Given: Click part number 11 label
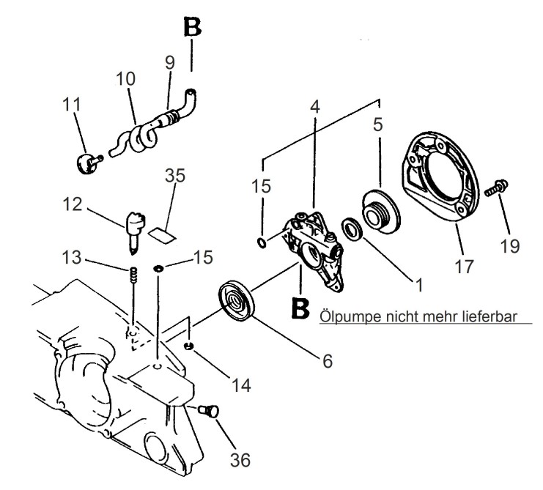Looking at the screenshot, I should (71, 105).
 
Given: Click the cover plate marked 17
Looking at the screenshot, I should (439, 183).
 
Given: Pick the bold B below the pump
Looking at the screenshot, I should (300, 308).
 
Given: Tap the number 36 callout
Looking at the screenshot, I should (240, 460).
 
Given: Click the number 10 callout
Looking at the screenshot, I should (125, 76).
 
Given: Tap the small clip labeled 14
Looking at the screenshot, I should (189, 346).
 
